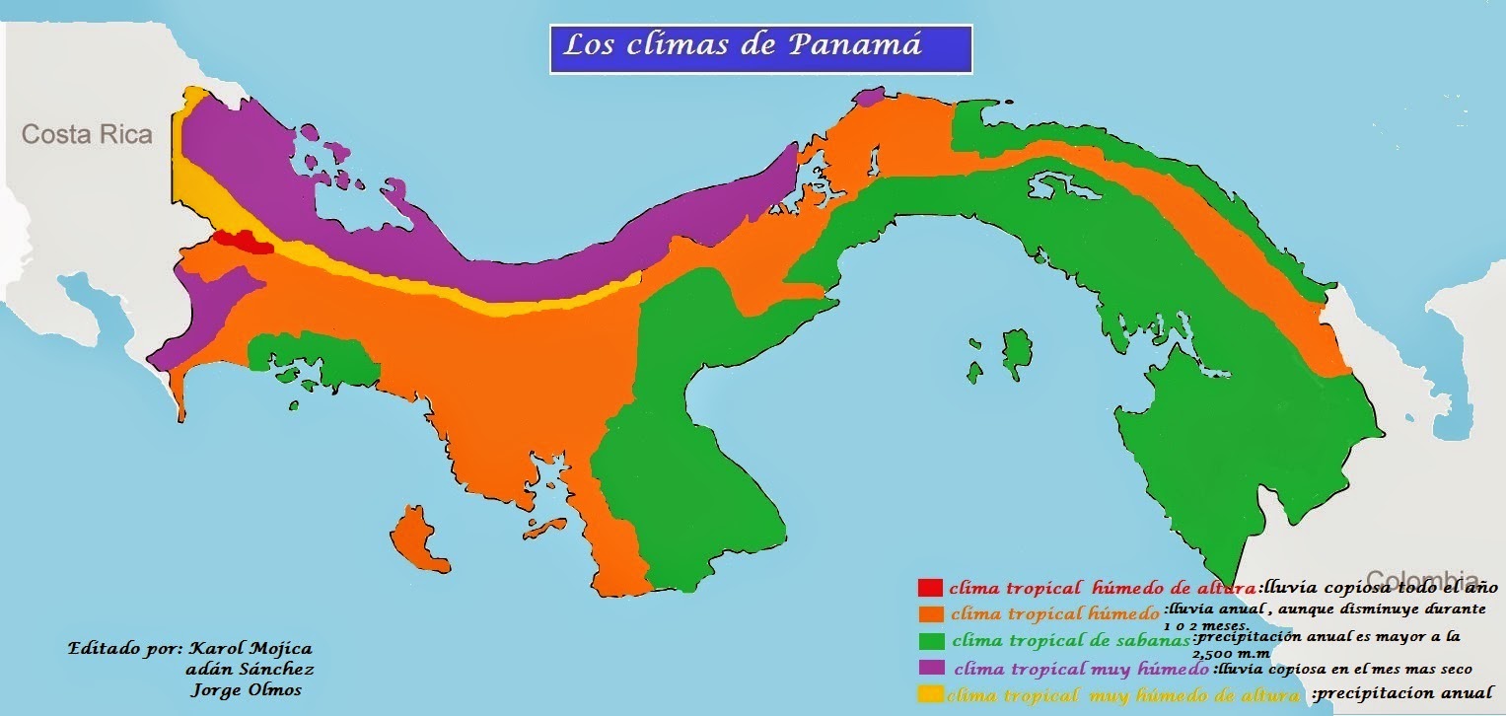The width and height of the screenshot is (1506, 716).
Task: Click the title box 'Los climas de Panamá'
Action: click(760, 48)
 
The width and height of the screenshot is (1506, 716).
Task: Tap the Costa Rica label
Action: click(88, 134)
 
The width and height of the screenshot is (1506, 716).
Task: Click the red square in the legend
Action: click(930, 587)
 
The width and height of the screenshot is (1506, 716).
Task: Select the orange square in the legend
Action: click(930, 612)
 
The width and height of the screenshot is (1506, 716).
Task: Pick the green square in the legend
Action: click(930, 639)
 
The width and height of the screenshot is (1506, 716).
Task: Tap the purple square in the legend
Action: click(930, 667)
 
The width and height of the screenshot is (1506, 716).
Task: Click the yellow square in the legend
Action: click(930, 693)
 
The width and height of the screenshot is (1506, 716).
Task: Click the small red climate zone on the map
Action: click(243, 241)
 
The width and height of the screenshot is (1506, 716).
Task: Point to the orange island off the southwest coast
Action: click(420, 538)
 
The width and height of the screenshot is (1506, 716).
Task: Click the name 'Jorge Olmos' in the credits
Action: click(244, 689)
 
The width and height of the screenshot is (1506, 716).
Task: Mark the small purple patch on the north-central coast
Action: click(868, 97)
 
